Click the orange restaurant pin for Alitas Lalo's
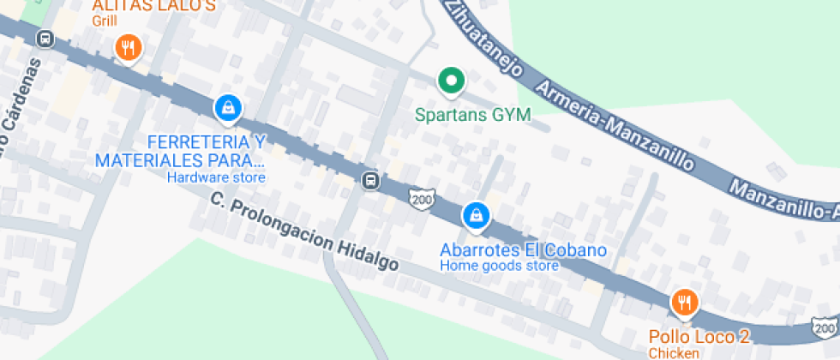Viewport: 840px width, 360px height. (128, 48)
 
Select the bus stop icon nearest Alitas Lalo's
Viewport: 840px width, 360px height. (45, 39)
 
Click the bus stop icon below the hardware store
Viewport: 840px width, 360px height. (371, 180)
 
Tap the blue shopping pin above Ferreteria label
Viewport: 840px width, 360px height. (228, 108)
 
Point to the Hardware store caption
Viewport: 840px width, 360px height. (216, 177)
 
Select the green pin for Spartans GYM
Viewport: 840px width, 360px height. (450, 82)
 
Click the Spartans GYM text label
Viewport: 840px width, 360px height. (473, 114)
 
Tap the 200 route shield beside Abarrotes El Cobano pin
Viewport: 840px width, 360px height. (422, 198)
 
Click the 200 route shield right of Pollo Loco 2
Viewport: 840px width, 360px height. (825, 327)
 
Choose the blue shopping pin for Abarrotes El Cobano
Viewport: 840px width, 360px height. (476, 216)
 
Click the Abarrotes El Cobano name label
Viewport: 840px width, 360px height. (523, 250)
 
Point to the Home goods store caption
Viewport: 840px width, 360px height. (500, 266)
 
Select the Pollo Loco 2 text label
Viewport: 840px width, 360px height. (699, 337)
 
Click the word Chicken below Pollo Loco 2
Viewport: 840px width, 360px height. (674, 353)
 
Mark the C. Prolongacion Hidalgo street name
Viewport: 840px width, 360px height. (304, 232)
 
